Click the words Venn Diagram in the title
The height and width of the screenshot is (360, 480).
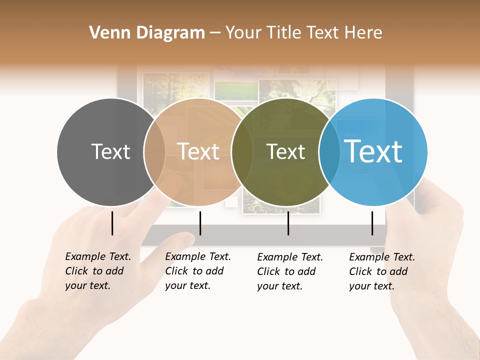pyautogui.click(x=147, y=33)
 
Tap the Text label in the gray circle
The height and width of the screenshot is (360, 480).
pyautogui.click(x=110, y=151)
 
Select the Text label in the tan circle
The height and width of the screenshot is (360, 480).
pyautogui.click(x=198, y=151)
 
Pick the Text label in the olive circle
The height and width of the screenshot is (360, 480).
pyautogui.click(x=285, y=151)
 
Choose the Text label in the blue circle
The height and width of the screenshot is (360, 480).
pyautogui.click(x=373, y=151)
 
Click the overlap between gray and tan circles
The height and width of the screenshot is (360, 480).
pyautogui.click(x=154, y=152)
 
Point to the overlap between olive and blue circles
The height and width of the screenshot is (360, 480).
pyautogui.click(x=329, y=152)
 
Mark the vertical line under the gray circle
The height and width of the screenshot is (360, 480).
pyautogui.click(x=112, y=223)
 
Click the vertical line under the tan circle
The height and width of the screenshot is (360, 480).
pyautogui.click(x=200, y=223)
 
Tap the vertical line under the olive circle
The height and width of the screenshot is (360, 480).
pyautogui.click(x=288, y=223)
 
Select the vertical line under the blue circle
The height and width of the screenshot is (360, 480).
pyautogui.click(x=372, y=223)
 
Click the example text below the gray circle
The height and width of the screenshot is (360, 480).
pyautogui.click(x=98, y=271)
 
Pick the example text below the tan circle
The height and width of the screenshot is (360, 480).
pyautogui.click(x=198, y=271)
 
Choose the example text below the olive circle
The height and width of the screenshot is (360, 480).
pyautogui.click(x=290, y=271)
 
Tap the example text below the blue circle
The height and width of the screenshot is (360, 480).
pyautogui.click(x=382, y=271)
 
